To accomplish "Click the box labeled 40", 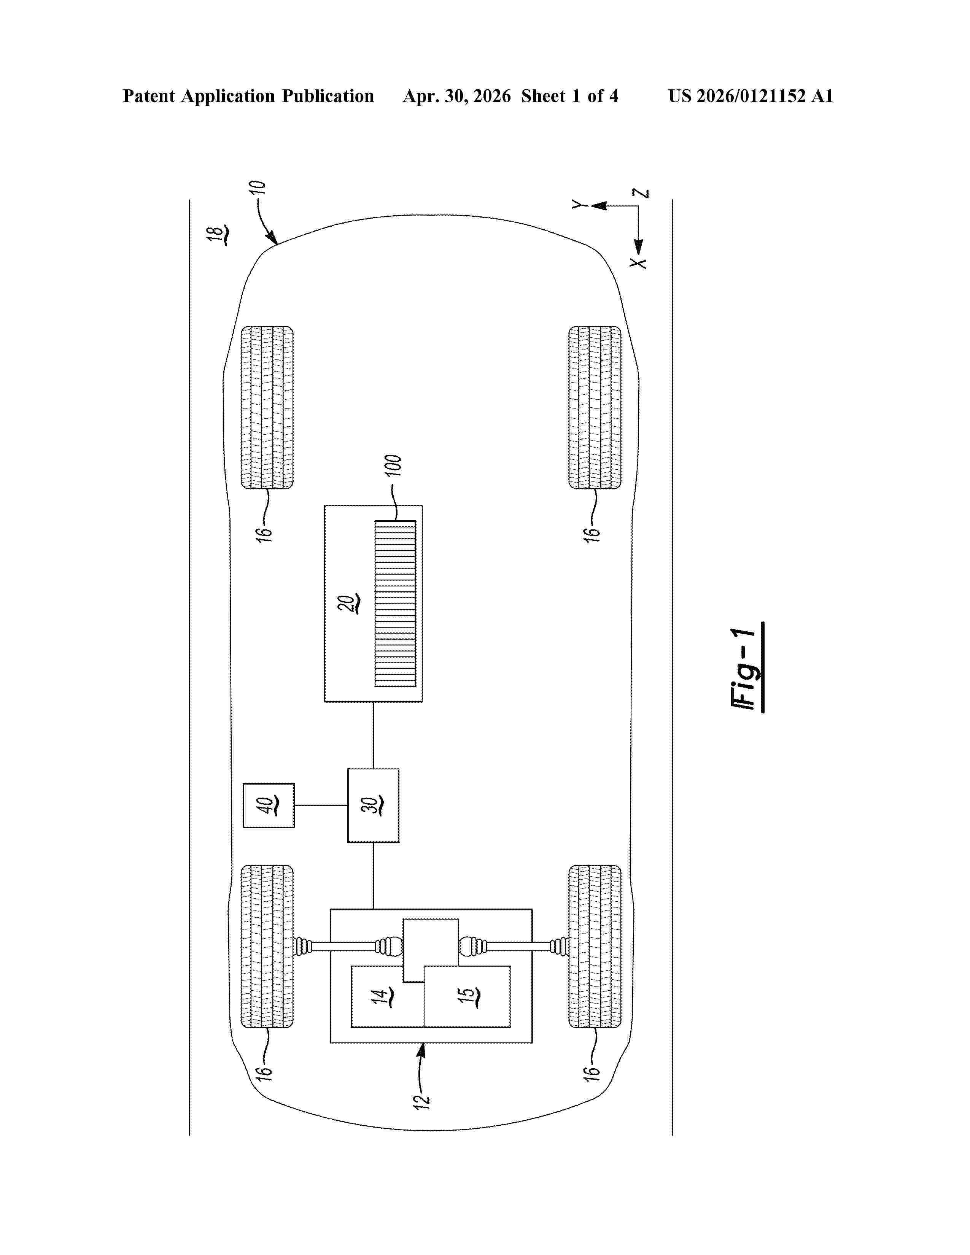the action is tap(268, 805).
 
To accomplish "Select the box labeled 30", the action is tap(373, 805).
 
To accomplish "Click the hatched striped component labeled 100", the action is tap(395, 604).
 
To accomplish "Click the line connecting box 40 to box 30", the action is tap(321, 805).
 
